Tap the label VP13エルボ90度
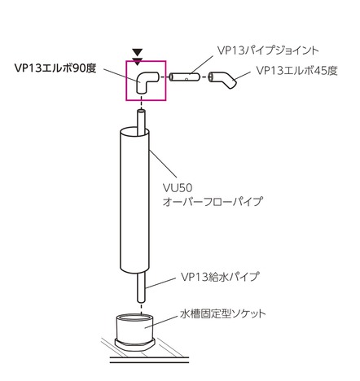[55, 68]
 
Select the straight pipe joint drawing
[185, 77]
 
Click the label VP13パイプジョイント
[268, 50]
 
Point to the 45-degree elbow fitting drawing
[223, 80]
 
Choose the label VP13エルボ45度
[297, 71]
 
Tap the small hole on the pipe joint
[187, 79]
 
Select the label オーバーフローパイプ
[213, 201]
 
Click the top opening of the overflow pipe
[134, 133]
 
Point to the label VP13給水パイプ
[220, 277]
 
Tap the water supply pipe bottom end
[141, 301]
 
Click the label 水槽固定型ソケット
[223, 314]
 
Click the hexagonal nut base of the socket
[134, 344]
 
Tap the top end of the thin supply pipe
[141, 111]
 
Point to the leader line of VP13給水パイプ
[161, 282]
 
